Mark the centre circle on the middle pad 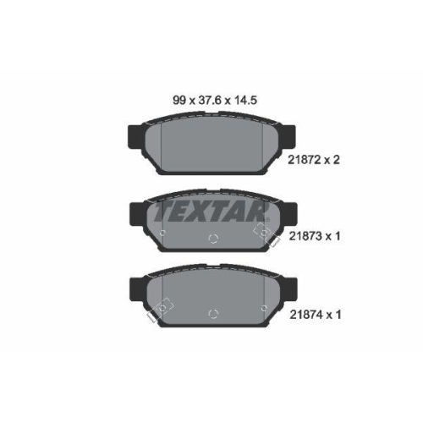click(212, 238)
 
